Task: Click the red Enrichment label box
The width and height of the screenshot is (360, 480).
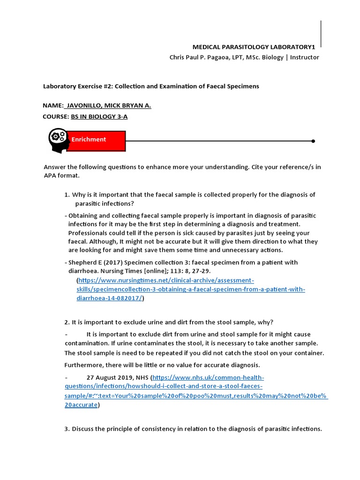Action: click(96, 140)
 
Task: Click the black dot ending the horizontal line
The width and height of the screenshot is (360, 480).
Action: click(313, 141)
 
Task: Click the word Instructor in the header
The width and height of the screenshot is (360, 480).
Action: click(305, 57)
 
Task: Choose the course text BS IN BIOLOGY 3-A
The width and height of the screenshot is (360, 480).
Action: click(99, 117)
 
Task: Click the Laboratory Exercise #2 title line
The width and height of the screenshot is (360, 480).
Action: click(151, 86)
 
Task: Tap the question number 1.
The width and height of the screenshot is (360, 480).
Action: click(67, 195)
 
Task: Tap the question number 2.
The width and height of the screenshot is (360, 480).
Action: click(67, 322)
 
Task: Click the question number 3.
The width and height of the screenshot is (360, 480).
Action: click(67, 429)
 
